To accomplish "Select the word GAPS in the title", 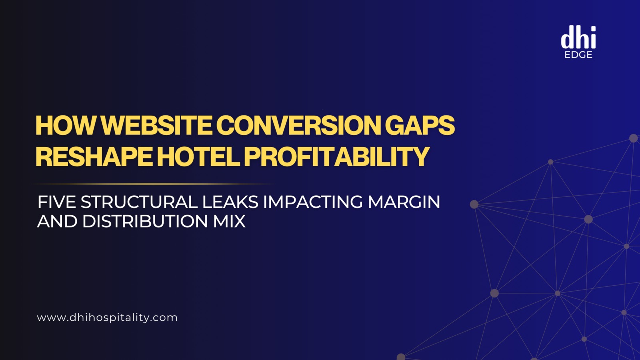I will [x=420, y=126].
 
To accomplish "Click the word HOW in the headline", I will [x=66, y=126].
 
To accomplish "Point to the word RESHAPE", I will [x=94, y=156].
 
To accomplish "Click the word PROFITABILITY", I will [x=336, y=156].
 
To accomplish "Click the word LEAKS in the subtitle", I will [x=230, y=202].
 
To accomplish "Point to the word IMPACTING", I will [x=313, y=202].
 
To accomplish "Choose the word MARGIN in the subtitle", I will [x=404, y=202].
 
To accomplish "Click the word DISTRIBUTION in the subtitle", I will [x=145, y=222].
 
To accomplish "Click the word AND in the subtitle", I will [x=57, y=222].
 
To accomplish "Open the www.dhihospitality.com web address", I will [x=107, y=318].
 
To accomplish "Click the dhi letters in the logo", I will [x=578, y=39].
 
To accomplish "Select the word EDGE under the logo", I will [x=578, y=55].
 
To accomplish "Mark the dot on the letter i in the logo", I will [x=592, y=29].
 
